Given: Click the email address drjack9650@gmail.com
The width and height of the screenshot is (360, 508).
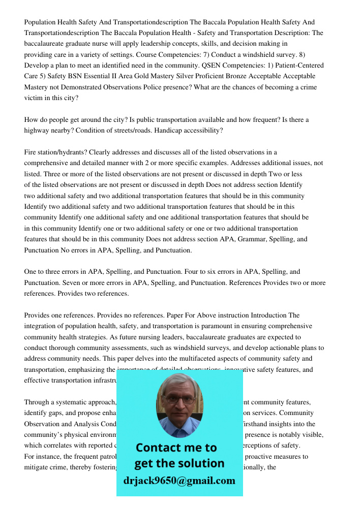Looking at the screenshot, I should (179, 481).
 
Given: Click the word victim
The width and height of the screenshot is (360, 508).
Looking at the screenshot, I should (34, 98).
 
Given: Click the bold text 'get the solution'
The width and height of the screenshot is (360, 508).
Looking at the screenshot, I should (179, 463).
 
